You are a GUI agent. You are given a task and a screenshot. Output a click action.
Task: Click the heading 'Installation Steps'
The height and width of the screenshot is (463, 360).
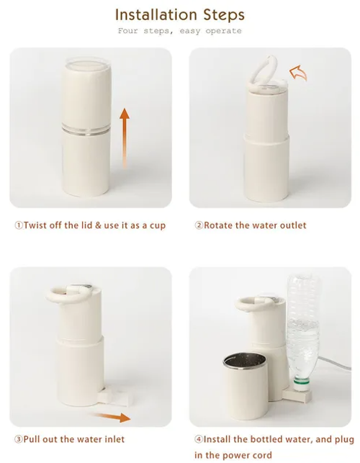(179, 14)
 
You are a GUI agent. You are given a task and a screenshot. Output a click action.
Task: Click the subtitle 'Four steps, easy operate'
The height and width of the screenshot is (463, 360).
(179, 31)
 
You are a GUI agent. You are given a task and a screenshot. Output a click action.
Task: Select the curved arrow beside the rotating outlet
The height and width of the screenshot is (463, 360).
(297, 71)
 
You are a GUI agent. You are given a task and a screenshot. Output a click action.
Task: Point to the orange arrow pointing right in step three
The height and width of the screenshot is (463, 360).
(114, 416)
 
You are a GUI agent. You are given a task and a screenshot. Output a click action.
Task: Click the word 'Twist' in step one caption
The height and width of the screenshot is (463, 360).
(37, 225)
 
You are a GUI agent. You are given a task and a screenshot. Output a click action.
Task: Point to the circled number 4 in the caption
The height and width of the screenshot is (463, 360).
(198, 439)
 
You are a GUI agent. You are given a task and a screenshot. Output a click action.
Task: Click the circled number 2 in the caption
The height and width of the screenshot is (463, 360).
(199, 225)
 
